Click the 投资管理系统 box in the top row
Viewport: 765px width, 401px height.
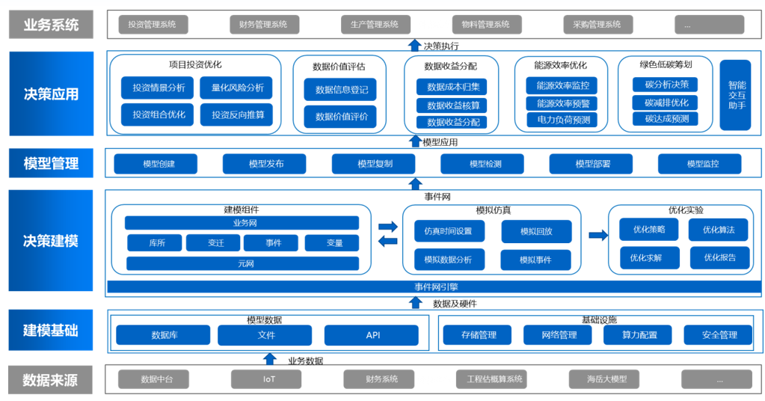click(x=153, y=25)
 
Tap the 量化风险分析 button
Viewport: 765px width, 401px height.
click(x=237, y=88)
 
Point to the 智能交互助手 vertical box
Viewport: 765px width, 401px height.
click(x=735, y=95)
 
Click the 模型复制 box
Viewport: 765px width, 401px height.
click(x=375, y=164)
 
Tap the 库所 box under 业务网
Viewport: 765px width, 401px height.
click(x=156, y=243)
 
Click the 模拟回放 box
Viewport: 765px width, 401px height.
click(x=536, y=232)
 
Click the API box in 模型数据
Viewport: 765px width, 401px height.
click(x=373, y=335)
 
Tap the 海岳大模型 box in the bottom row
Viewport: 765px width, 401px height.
click(x=607, y=379)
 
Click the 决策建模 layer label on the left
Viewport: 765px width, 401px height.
click(x=51, y=241)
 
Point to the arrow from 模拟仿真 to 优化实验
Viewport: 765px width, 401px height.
click(x=598, y=236)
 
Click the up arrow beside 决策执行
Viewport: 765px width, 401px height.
click(x=414, y=46)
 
